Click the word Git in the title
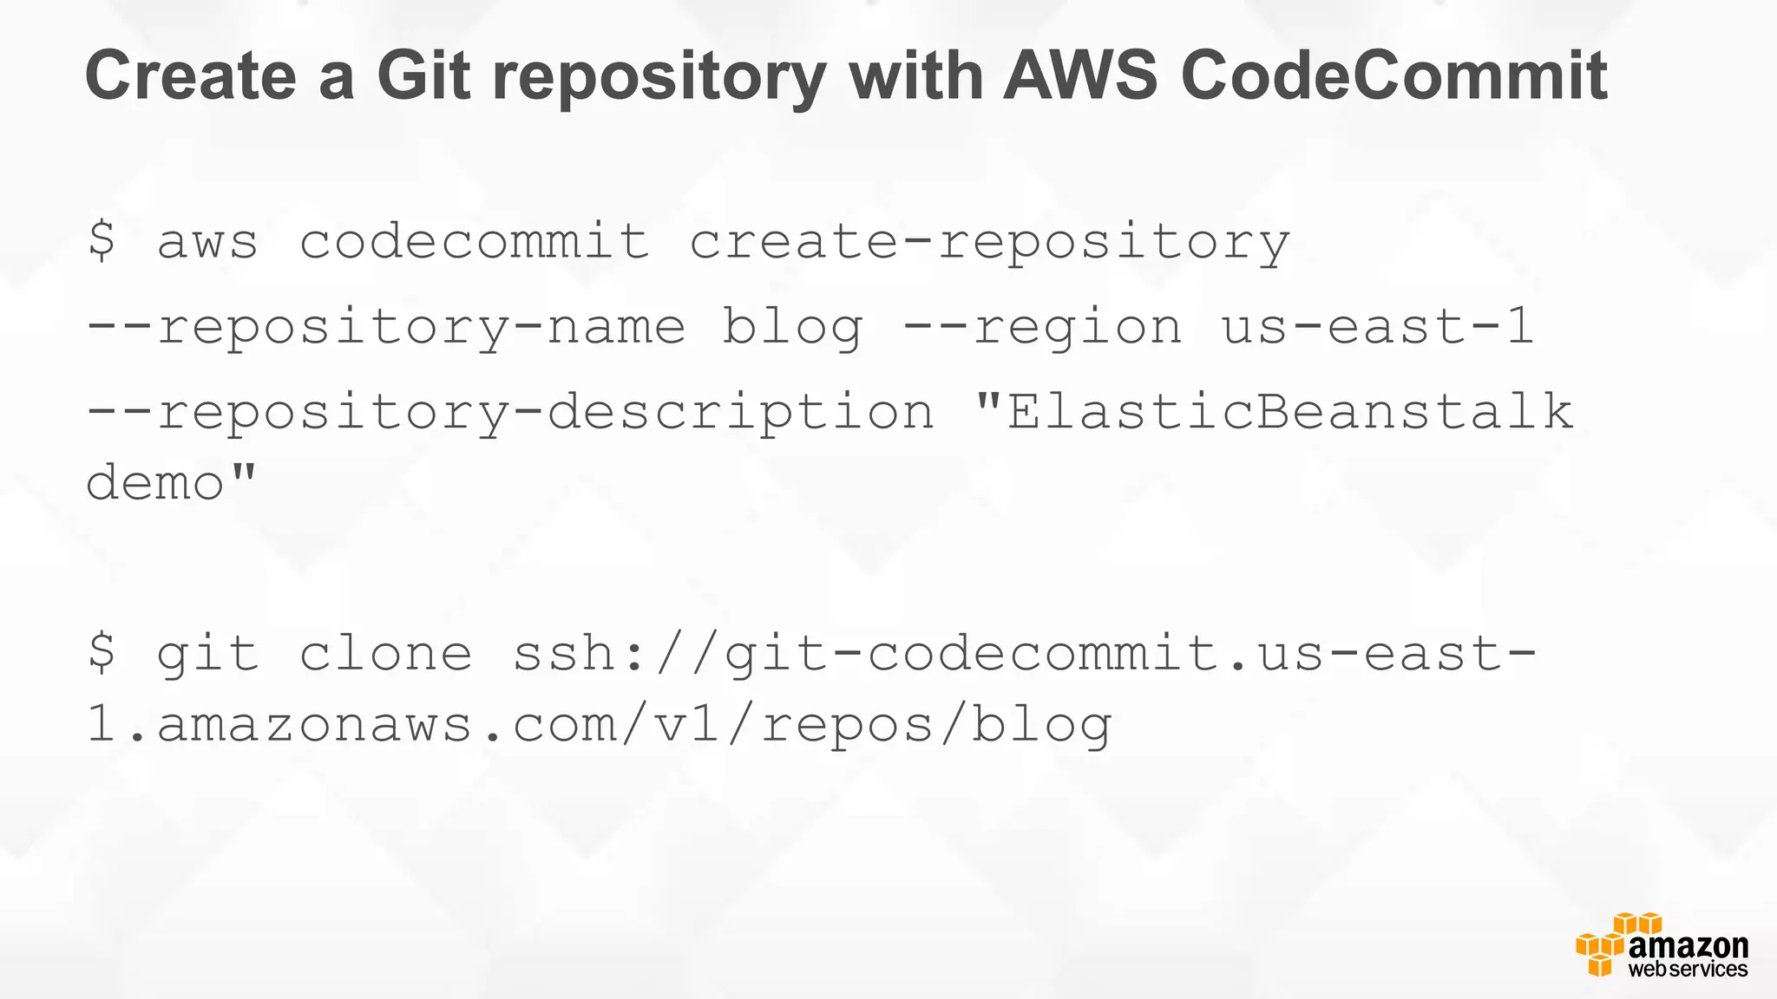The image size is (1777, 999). (423, 75)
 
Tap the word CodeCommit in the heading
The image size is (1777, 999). (1393, 75)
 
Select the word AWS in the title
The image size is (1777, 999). (1080, 75)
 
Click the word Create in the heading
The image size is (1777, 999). (190, 75)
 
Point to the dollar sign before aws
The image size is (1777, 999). (102, 241)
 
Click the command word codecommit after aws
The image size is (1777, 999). (474, 241)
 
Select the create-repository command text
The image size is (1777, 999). (989, 241)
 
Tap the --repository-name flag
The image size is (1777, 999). (385, 328)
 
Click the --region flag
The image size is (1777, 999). (1042, 328)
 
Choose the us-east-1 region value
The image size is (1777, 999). (1378, 326)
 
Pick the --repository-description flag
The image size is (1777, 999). (510, 411)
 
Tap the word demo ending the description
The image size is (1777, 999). (156, 482)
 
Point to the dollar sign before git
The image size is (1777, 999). (102, 653)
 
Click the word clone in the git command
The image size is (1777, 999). (386, 653)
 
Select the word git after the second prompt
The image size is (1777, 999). (207, 655)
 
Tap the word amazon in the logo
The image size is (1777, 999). (1688, 945)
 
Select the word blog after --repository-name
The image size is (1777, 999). (792, 328)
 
